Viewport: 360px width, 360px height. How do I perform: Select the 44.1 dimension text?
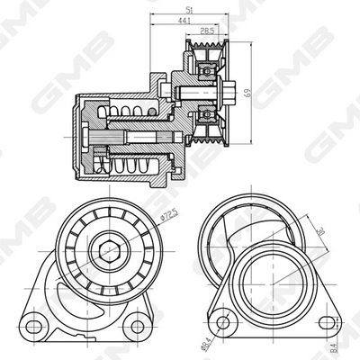[x=184, y=20]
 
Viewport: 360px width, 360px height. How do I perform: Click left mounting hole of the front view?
[x=33, y=321]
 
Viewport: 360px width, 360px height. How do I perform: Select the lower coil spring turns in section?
[x=131, y=166]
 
